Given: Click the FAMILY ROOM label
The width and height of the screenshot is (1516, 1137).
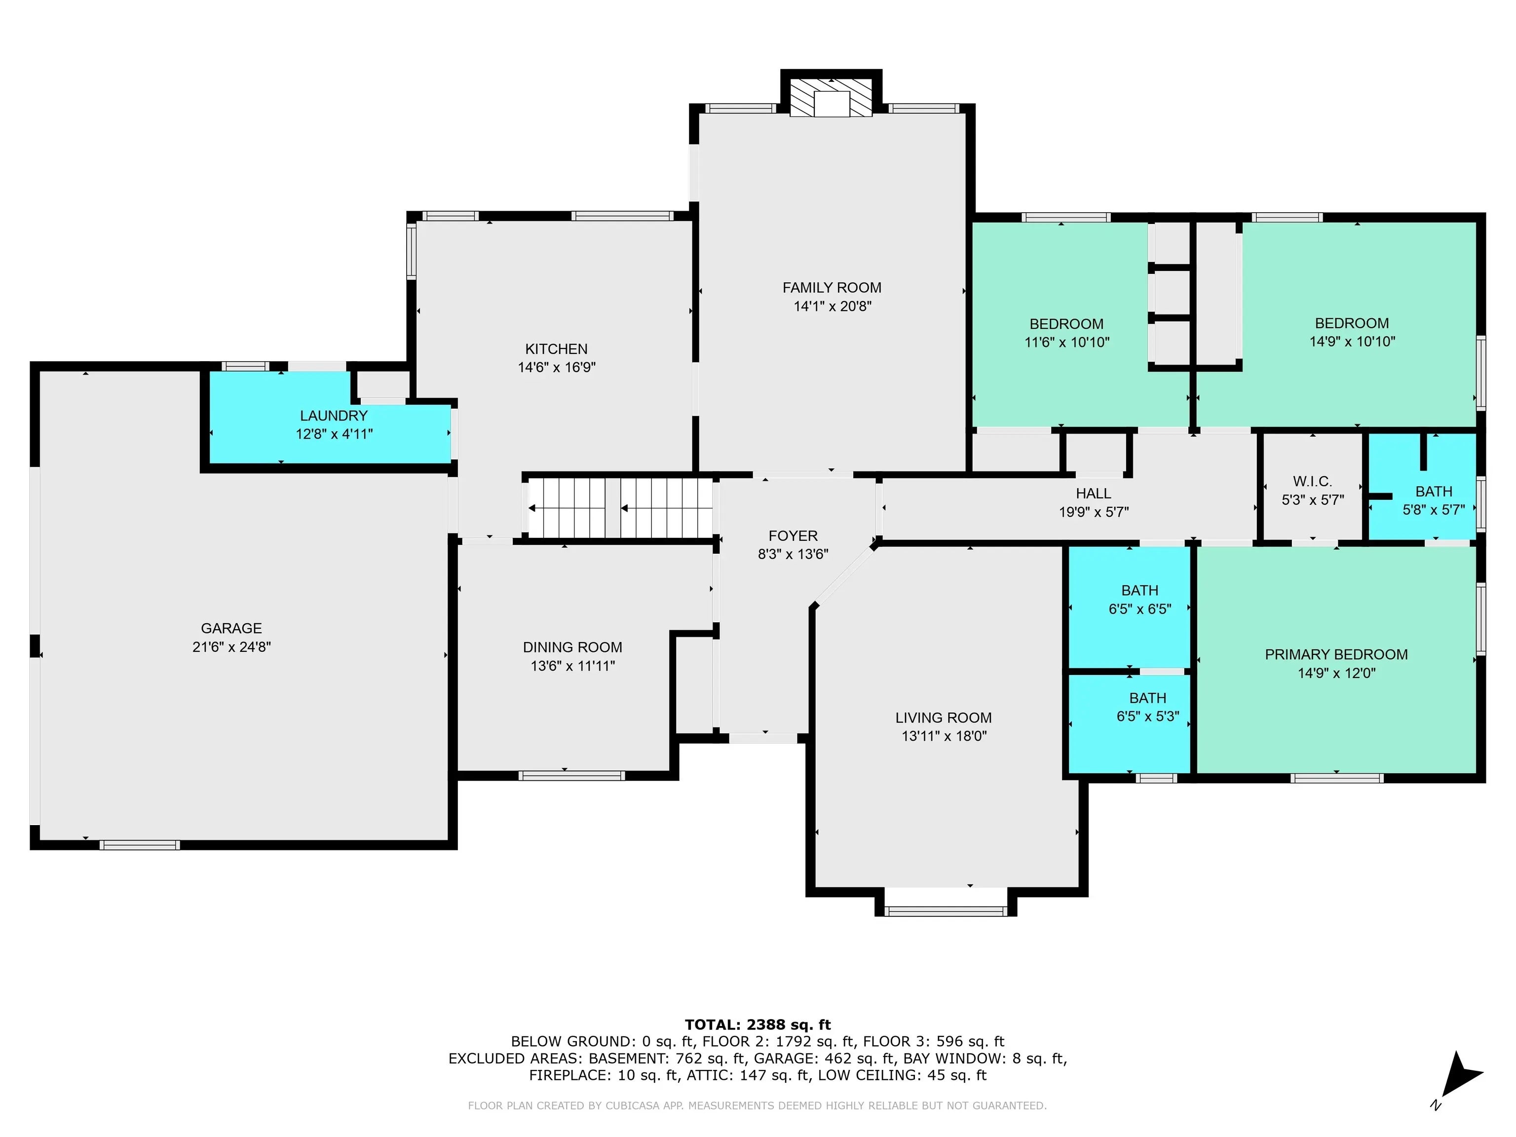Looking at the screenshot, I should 832,288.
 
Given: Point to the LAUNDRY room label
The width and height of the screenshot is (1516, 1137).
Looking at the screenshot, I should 334,416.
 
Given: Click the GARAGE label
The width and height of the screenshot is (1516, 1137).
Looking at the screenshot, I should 231,628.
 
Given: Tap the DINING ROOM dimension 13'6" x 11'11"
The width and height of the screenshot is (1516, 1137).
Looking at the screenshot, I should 572,666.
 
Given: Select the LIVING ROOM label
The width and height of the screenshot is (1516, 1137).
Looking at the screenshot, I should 943,718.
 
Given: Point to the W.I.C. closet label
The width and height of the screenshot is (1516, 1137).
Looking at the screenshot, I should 1312,481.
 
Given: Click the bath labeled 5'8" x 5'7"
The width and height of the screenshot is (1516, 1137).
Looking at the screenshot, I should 1433,500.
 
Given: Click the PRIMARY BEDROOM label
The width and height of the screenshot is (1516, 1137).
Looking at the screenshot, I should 1336,654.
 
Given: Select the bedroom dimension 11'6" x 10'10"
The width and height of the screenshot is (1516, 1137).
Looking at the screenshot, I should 1066,342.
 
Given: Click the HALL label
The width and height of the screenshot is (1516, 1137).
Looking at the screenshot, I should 1093,493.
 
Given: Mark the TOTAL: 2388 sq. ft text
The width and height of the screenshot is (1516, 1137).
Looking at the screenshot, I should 758,1024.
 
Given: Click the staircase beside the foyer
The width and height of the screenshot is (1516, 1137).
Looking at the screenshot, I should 620,508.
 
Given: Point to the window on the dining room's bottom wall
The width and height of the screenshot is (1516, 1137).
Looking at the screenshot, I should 571,776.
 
